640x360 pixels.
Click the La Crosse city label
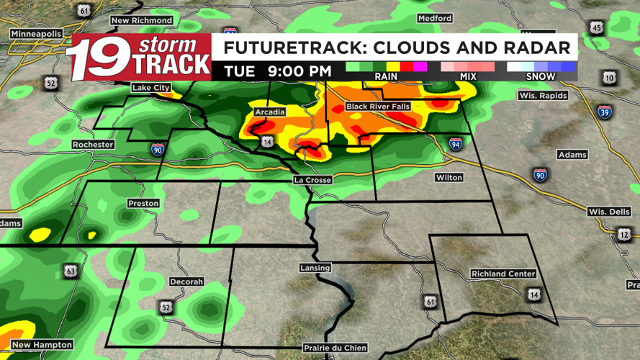tap(312, 179)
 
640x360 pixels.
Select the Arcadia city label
tap(270, 112)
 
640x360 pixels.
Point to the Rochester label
tap(93, 145)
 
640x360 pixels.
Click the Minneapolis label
tap(35, 34)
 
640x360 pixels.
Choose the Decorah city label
tap(186, 282)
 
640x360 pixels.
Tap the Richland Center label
tap(503, 274)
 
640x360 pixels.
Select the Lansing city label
tap(315, 268)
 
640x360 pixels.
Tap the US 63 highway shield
tap(70, 271)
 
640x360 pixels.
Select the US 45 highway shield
tap(596, 27)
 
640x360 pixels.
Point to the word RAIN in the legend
tap(386, 76)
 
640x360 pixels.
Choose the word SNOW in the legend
tap(541, 76)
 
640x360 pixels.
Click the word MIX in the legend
tap(468, 76)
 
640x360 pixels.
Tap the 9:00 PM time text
tap(298, 71)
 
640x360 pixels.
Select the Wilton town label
tap(449, 177)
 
